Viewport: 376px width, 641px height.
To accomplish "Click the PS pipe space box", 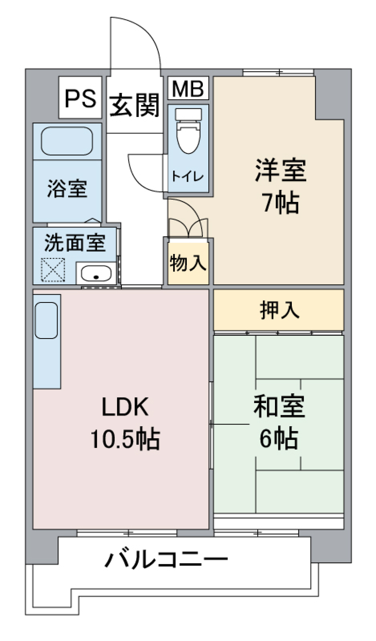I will click(80, 98).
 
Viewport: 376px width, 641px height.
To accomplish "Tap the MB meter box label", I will click(188, 89).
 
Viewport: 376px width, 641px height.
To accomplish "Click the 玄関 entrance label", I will click(134, 105).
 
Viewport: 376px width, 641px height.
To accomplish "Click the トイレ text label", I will click(188, 177).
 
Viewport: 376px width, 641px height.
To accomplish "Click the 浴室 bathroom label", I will click(67, 189).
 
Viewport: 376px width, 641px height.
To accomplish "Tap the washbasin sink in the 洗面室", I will click(96, 273).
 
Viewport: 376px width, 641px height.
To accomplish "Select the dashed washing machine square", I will click(53, 270).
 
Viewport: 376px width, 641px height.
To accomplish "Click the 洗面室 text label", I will click(75, 243).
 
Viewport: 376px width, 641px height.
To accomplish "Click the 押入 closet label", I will click(279, 310).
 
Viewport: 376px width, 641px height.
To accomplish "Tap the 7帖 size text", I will click(280, 203).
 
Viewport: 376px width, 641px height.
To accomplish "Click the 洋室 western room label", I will click(280, 171).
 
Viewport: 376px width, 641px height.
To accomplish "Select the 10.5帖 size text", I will click(125, 439).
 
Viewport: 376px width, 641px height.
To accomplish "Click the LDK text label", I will click(125, 407).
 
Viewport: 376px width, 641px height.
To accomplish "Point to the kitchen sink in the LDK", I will click(46, 320).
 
